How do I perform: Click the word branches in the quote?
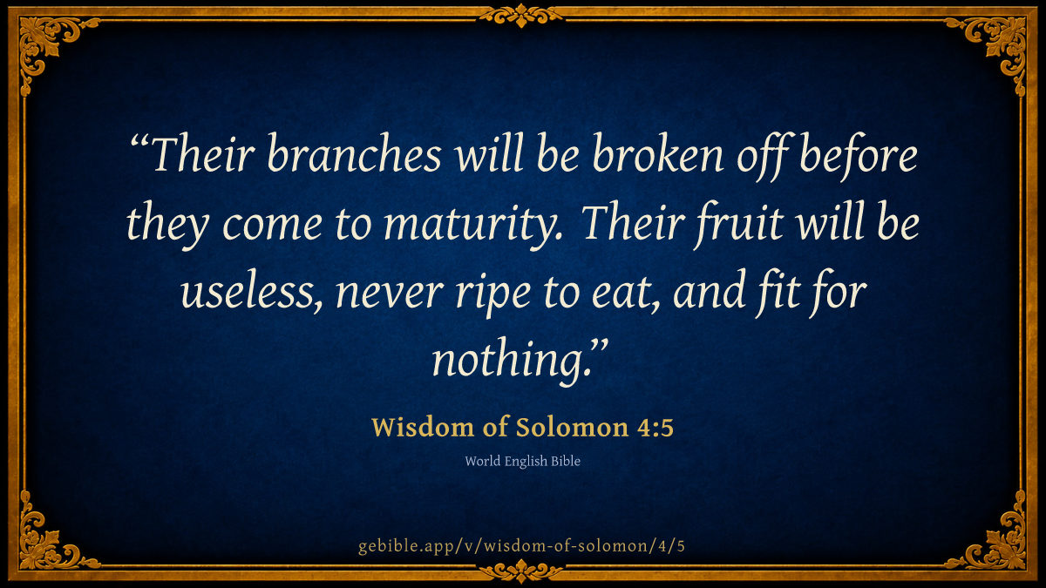[x=355, y=154]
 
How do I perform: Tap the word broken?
[x=658, y=154]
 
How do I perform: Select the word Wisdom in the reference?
[x=423, y=427]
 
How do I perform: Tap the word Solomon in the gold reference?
[x=572, y=427]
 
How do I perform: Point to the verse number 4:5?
[x=655, y=428]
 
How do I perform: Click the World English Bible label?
[x=522, y=461]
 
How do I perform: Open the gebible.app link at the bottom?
[x=521, y=546]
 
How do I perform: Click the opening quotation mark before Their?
[x=139, y=141]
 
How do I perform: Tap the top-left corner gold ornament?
[x=47, y=44]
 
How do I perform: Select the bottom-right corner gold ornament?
[x=999, y=544]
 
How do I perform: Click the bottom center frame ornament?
[x=521, y=571]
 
